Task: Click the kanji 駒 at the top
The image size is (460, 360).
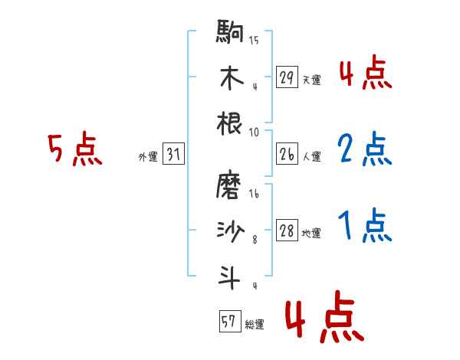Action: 231,34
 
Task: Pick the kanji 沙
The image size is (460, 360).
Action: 231,231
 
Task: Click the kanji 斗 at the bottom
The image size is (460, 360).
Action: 231,276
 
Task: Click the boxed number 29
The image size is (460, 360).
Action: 286,77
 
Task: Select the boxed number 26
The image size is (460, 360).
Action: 286,155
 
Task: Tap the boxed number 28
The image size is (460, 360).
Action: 286,231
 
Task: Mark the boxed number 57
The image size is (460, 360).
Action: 227,322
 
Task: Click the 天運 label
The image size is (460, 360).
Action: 311,80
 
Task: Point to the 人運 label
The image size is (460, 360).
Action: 311,157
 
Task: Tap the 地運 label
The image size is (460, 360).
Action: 311,233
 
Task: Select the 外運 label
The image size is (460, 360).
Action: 148,157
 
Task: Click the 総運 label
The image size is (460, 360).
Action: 254,324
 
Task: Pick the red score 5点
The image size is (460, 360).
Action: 74,150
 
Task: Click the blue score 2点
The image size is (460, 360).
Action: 365,150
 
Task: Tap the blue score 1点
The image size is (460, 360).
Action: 365,226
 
